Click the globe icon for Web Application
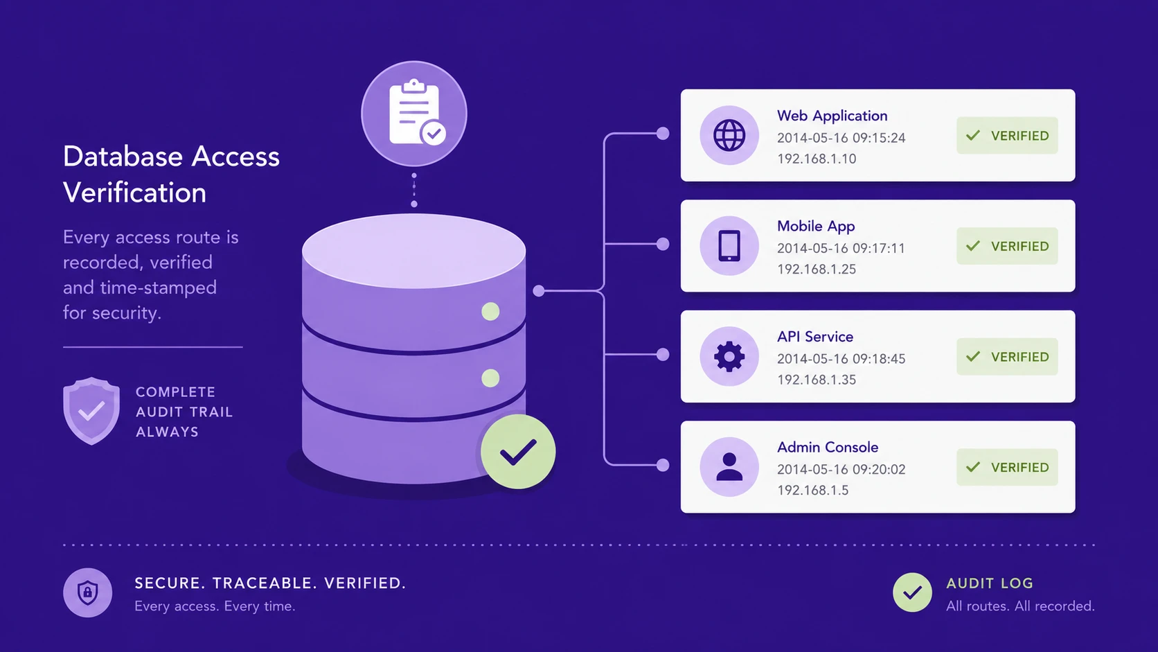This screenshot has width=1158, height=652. coord(729,136)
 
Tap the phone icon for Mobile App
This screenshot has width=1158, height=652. coord(729,245)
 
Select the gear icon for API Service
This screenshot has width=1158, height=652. coord(729,356)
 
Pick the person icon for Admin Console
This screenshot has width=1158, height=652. coord(729,467)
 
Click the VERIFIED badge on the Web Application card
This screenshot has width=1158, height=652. coord(1007,136)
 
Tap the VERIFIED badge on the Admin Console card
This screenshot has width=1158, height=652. coord(1007,467)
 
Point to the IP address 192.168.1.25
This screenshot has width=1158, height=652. coord(817,270)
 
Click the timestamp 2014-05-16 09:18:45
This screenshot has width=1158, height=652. coord(841,359)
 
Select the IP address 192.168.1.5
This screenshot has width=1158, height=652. coord(812,490)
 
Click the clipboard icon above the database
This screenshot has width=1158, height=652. coord(414,113)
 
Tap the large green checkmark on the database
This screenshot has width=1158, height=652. coord(518,451)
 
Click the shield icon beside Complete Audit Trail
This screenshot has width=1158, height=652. coord(91,411)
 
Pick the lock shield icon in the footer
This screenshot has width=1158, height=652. coord(87,592)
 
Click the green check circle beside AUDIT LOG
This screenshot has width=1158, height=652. coord(912,592)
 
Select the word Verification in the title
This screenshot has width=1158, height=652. coord(134,193)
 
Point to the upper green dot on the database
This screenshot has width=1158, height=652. coord(490,311)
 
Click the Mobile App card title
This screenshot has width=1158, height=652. coord(816,227)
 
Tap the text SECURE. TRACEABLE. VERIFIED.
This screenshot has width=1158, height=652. coord(270,583)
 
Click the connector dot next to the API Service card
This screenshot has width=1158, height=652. coord(663,355)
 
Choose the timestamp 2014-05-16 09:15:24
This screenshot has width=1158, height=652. coord(841,138)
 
